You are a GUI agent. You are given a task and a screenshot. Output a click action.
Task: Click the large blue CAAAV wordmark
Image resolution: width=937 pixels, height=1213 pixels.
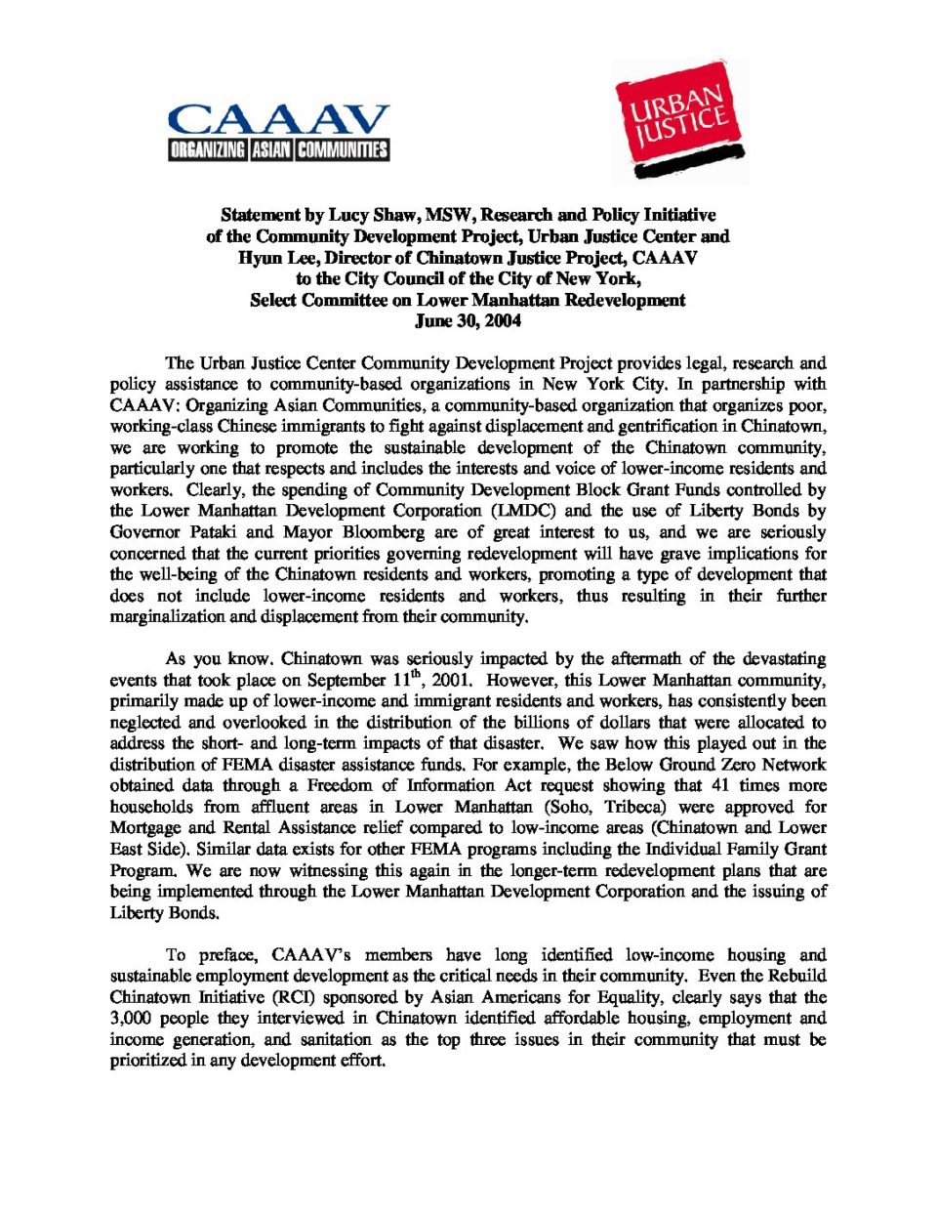(278, 120)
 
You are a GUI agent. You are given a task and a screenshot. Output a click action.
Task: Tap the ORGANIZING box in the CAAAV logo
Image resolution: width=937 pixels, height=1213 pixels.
(208, 149)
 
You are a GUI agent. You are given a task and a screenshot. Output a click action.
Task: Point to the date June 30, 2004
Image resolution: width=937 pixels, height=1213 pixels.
(468, 321)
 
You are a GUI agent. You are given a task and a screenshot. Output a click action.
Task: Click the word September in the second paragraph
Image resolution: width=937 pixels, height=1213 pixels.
(347, 680)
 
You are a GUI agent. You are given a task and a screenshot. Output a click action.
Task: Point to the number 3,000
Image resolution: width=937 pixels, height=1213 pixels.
(135, 1019)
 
